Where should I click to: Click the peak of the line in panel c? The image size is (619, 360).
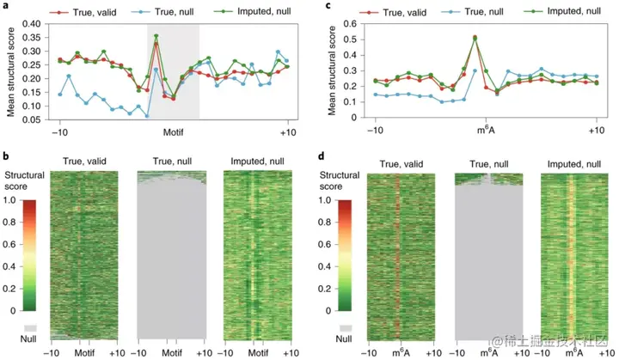tap(475, 38)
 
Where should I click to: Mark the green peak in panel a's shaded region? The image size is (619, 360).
tap(156, 36)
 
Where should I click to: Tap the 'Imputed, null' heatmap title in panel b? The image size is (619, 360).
tap(259, 161)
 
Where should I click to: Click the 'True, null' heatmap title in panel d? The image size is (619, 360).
tap(488, 161)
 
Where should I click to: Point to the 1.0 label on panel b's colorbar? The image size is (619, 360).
tap(10, 199)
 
